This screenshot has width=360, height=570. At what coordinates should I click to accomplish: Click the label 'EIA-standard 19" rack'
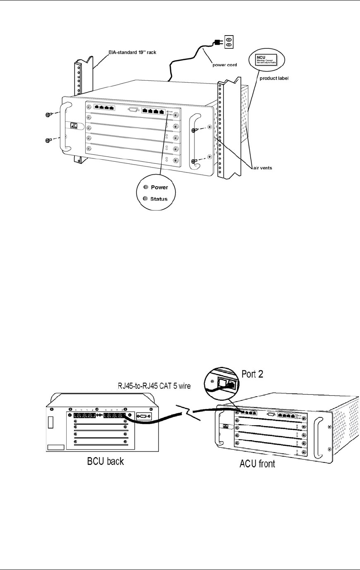(130, 53)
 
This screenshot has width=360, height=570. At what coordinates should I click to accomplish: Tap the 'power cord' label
(225, 65)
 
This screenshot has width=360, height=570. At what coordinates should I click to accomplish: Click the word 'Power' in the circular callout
(159, 187)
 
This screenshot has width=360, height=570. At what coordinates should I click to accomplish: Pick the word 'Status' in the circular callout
(159, 199)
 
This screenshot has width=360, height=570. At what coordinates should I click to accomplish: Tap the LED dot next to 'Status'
(145, 199)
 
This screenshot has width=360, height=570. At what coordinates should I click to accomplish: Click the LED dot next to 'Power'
(145, 187)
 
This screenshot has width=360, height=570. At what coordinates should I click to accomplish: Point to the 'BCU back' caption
(106, 461)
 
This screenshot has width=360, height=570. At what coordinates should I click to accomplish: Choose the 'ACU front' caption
(257, 464)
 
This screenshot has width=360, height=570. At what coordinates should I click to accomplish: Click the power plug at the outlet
(216, 42)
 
